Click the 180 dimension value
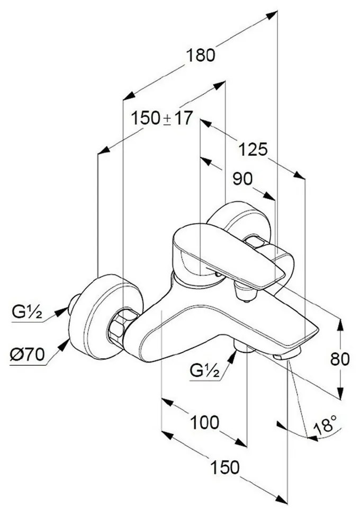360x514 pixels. (x=201, y=55)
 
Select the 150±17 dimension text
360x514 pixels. (x=161, y=118)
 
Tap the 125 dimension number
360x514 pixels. (x=253, y=150)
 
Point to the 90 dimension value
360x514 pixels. (x=242, y=179)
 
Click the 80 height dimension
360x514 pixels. (x=340, y=359)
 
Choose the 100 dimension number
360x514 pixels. (x=204, y=422)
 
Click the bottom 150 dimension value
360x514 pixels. (x=224, y=467)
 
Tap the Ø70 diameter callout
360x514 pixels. (x=26, y=355)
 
